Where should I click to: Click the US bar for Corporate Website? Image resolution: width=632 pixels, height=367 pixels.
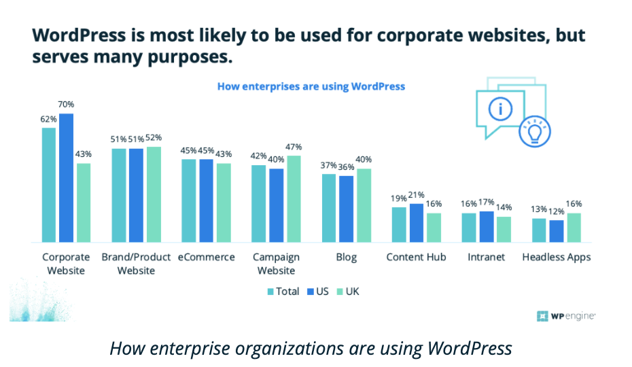(x=66, y=178)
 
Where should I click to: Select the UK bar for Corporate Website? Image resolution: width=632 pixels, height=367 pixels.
(x=84, y=203)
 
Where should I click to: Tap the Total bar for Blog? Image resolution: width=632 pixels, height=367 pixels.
(x=329, y=208)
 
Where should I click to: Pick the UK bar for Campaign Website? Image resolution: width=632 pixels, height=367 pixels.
(x=294, y=198)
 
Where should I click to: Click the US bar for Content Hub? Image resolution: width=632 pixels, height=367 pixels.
(x=417, y=223)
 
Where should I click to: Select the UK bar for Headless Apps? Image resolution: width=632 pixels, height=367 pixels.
(x=574, y=228)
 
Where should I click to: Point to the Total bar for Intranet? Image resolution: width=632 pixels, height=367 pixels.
(x=469, y=228)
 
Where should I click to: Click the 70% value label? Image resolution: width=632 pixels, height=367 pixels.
(x=66, y=105)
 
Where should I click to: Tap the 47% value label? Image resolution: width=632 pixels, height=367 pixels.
(x=294, y=147)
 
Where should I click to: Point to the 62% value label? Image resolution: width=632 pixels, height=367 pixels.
(x=48, y=119)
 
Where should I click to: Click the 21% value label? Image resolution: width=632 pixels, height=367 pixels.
(x=417, y=195)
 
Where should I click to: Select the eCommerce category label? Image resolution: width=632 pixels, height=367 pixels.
(x=207, y=258)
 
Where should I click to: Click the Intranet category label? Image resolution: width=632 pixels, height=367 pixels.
(x=487, y=258)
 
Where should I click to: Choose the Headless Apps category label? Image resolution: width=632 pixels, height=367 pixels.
(x=557, y=258)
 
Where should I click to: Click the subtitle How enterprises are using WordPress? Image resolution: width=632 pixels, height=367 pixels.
(x=311, y=86)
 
